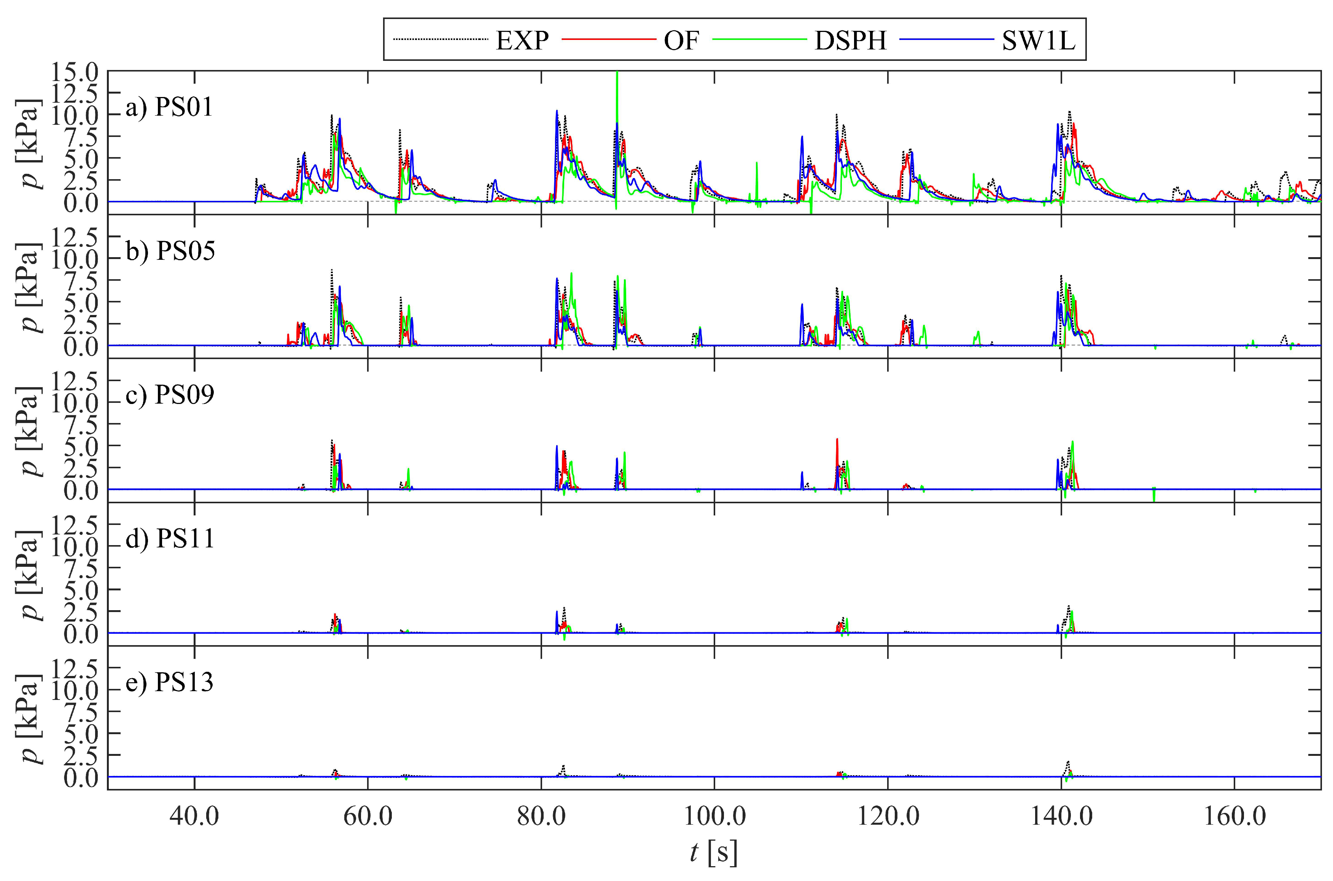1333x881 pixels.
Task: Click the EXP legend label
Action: click(522, 40)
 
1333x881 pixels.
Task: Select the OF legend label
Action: click(681, 40)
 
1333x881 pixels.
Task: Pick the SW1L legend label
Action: click(1038, 40)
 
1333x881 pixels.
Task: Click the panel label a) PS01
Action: click(169, 107)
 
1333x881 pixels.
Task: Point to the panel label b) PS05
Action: click(170, 251)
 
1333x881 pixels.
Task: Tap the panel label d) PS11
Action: click(170, 538)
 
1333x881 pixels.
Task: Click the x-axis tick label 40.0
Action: click(194, 816)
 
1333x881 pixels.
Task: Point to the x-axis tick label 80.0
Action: click(541, 816)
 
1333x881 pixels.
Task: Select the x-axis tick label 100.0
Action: click(714, 816)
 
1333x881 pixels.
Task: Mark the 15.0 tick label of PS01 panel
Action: click(74, 72)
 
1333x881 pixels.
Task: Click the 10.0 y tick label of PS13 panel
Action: click(74, 690)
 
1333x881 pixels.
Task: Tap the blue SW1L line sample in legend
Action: click(946, 39)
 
